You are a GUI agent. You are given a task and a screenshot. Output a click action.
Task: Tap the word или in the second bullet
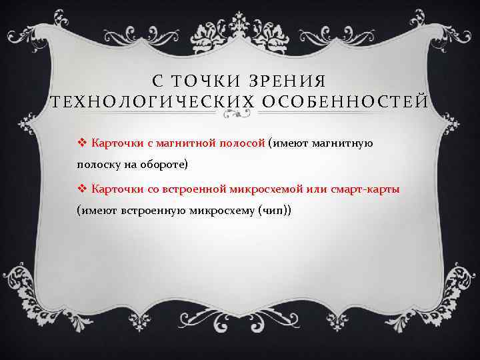pos(315,189)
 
